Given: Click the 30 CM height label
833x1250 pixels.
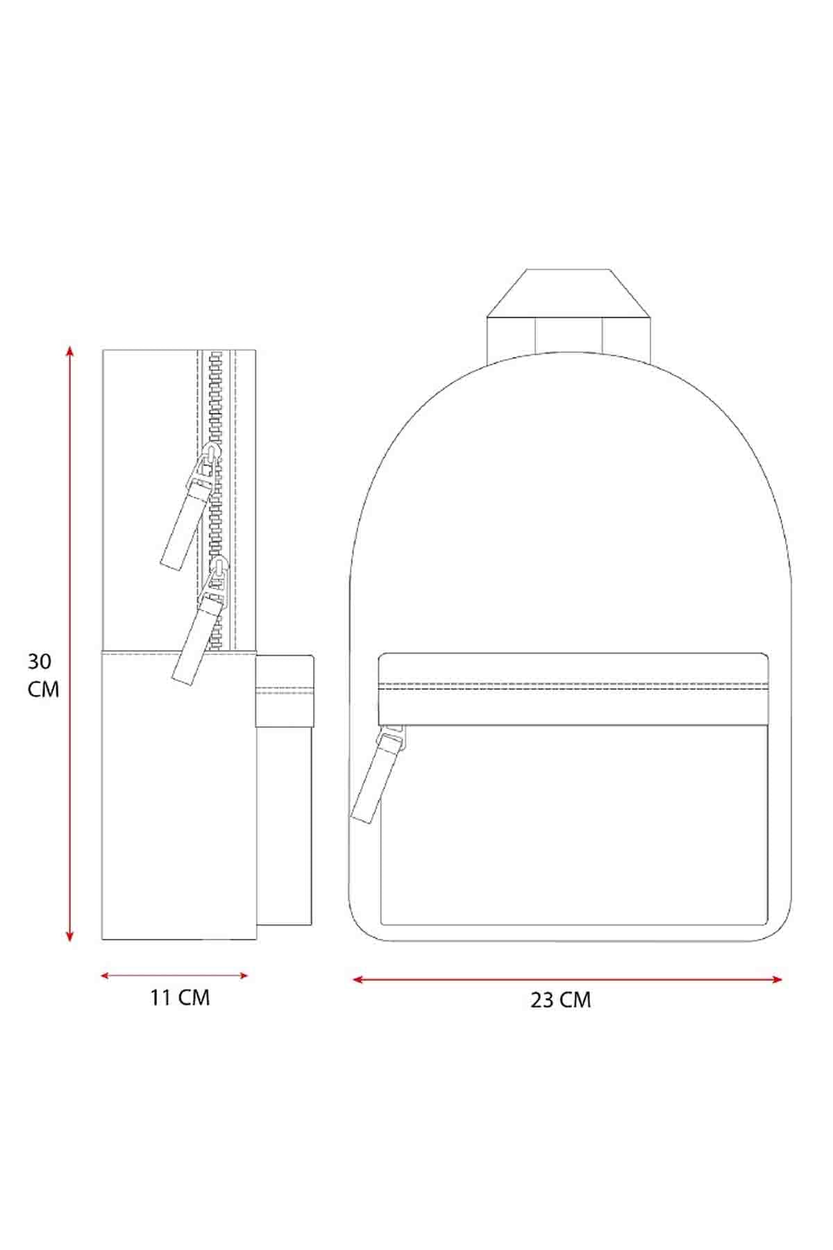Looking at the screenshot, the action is (43, 675).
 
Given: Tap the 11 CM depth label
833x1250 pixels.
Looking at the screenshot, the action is (180, 998).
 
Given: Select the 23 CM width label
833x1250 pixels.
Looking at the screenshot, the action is (561, 1000).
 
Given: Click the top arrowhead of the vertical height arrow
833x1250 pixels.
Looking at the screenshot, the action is (69, 351).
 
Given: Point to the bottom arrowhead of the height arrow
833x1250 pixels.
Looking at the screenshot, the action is (69, 937).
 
